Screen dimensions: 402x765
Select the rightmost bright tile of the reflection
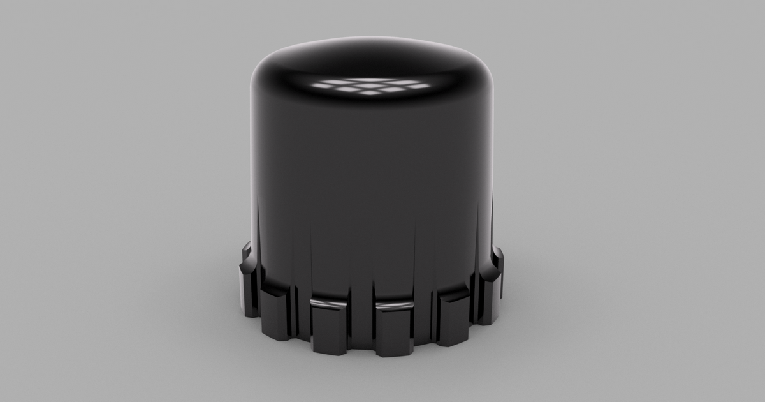coord(418,85)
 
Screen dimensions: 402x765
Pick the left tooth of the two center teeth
coord(329,327)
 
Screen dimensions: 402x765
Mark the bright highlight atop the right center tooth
coord(395,307)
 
